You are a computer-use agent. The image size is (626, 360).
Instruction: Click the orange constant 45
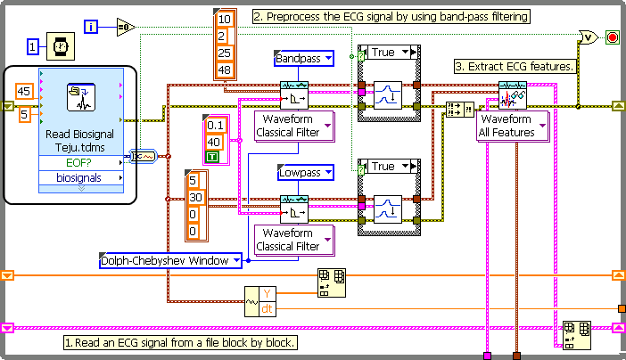tap(25, 91)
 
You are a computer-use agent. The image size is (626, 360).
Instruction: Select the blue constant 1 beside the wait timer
tap(33, 45)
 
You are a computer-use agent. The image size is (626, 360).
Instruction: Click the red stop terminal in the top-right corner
tap(613, 37)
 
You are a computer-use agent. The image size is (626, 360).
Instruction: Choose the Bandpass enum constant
tap(303, 59)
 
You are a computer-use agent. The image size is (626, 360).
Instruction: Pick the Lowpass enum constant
tap(303, 172)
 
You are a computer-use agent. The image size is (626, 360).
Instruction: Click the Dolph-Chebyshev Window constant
tap(170, 260)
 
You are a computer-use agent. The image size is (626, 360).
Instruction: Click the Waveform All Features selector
tap(512, 126)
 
